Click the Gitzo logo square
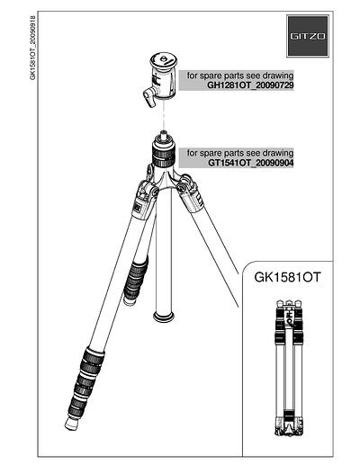click(x=308, y=36)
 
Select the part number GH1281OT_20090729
click(x=250, y=85)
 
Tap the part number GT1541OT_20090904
click(x=251, y=163)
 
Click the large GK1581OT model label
click(x=287, y=277)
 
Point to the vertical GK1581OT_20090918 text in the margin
click(x=32, y=48)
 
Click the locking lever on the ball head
click(x=149, y=97)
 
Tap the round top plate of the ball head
click(x=164, y=59)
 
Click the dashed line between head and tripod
click(x=164, y=115)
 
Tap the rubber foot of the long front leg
click(x=71, y=423)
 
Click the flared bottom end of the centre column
click(x=164, y=317)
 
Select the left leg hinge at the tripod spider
click(x=147, y=192)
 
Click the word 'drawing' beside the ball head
click(x=278, y=76)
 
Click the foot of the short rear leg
click(x=130, y=301)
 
